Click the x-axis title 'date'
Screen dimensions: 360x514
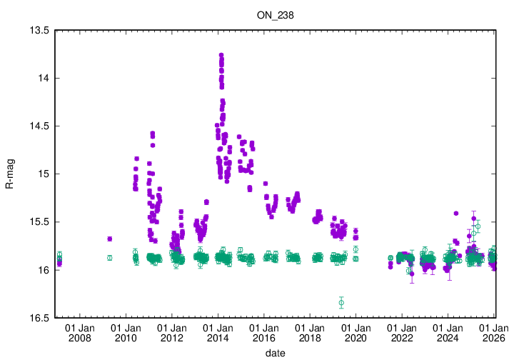(x=276, y=354)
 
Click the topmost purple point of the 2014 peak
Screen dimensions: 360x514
(x=221, y=55)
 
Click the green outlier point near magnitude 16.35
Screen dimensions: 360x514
(x=341, y=303)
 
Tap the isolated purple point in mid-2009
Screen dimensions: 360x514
(x=109, y=239)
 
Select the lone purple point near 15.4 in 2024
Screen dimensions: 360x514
(x=455, y=213)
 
